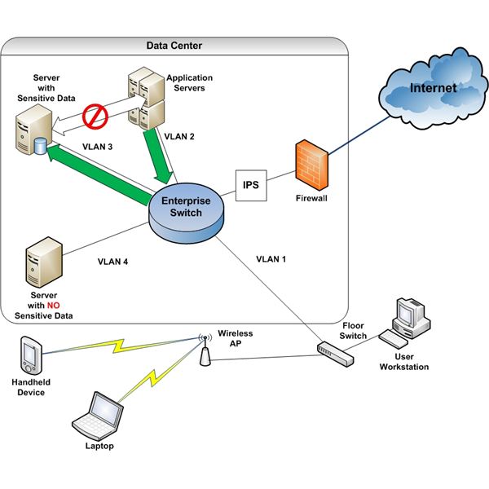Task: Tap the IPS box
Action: pyautogui.click(x=251, y=185)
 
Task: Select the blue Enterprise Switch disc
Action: pyautogui.click(x=185, y=209)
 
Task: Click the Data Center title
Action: pyautogui.click(x=174, y=46)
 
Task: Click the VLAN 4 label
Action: pyautogui.click(x=113, y=262)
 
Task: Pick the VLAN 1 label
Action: pyautogui.click(x=272, y=259)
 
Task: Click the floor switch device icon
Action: pyautogui.click(x=336, y=351)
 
